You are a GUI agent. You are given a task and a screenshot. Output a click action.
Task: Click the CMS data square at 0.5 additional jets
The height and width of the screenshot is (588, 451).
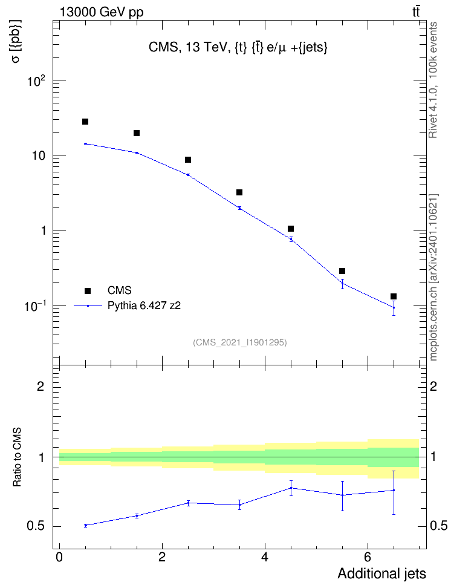pyautogui.click(x=85, y=122)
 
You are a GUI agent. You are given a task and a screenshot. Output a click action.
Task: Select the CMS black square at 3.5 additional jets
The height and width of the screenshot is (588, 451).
pyautogui.click(x=239, y=192)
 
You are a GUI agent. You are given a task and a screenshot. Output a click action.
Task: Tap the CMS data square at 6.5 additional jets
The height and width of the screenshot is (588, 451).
pyautogui.click(x=394, y=296)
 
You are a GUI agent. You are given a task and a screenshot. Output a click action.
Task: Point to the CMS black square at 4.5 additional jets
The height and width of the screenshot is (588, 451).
pyautogui.click(x=291, y=229)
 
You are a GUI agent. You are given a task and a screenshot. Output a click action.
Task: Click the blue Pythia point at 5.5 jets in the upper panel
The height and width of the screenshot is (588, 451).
pyautogui.click(x=342, y=284)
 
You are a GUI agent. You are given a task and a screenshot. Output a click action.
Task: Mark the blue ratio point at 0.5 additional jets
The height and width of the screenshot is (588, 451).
pyautogui.click(x=85, y=525)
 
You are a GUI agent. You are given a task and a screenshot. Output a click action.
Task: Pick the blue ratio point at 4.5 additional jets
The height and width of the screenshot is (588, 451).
pyautogui.click(x=291, y=488)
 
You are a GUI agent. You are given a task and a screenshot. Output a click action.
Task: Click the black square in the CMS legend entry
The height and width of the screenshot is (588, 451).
pyautogui.click(x=88, y=290)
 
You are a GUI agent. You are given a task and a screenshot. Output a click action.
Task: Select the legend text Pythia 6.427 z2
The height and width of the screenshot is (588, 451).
pyautogui.click(x=144, y=306)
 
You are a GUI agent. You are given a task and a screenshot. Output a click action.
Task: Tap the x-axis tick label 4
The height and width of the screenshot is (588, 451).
pyautogui.click(x=265, y=557)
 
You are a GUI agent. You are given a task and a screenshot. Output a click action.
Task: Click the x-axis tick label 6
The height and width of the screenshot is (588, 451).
pyautogui.click(x=368, y=557)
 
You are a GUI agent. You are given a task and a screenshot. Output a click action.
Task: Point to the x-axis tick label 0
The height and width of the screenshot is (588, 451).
pyautogui.click(x=59, y=557)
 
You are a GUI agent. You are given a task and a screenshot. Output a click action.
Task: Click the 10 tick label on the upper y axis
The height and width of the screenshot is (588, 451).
pyautogui.click(x=38, y=155)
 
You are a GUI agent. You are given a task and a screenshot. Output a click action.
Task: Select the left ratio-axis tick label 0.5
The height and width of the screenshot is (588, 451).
pyautogui.click(x=36, y=526)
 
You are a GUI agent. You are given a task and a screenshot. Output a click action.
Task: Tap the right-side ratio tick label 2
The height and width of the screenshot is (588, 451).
pyautogui.click(x=433, y=386)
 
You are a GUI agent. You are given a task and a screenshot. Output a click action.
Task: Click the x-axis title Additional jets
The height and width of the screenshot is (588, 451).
pyautogui.click(x=381, y=573)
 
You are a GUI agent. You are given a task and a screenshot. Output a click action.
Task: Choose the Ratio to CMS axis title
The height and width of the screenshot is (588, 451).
pyautogui.click(x=18, y=457)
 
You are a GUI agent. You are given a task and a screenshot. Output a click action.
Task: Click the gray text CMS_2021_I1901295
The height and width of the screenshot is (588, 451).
pyautogui.click(x=240, y=342)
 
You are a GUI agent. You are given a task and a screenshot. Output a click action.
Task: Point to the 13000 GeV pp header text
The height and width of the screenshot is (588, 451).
pyautogui.click(x=102, y=12)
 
